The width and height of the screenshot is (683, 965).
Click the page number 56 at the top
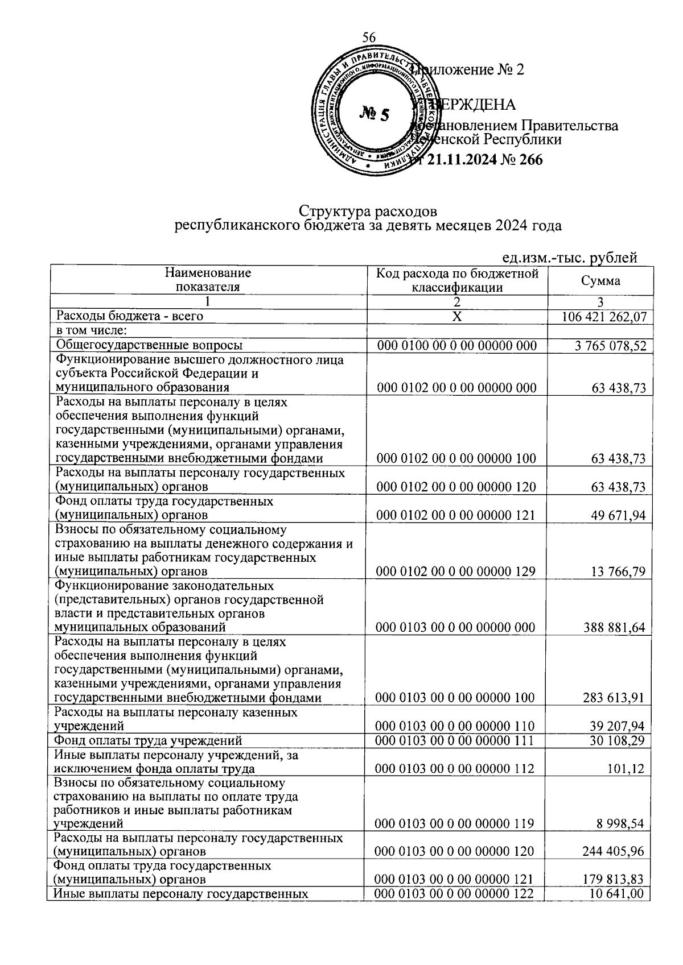click(x=369, y=38)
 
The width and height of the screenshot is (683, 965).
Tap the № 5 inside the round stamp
click(x=375, y=114)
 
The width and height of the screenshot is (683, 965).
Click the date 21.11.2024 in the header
click(x=460, y=160)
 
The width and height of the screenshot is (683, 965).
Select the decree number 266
click(x=530, y=160)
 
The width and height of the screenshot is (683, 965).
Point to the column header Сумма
click(x=600, y=280)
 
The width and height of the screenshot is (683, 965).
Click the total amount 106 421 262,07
click(x=604, y=317)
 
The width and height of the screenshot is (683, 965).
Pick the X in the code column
click(x=457, y=317)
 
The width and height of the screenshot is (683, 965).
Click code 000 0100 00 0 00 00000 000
click(x=456, y=346)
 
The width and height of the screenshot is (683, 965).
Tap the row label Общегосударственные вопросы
click(x=149, y=345)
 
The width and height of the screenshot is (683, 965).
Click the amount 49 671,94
click(x=619, y=516)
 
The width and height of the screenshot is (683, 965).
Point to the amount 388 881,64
click(x=615, y=628)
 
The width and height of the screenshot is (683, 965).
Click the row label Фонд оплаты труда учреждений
click(x=148, y=741)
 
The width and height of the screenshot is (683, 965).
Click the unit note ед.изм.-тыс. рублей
click(x=570, y=258)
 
